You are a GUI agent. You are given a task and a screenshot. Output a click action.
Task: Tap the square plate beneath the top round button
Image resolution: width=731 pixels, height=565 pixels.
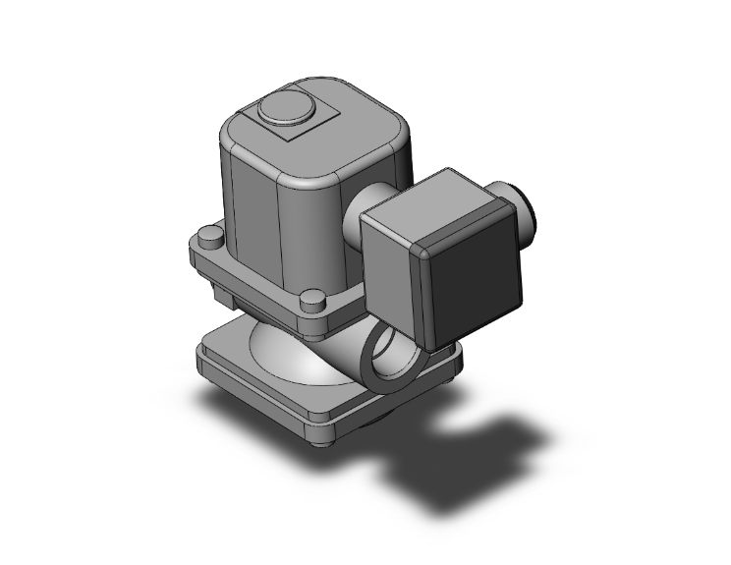(x=314, y=130)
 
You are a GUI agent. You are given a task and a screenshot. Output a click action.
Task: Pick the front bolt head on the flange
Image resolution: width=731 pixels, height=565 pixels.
(x=311, y=299)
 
